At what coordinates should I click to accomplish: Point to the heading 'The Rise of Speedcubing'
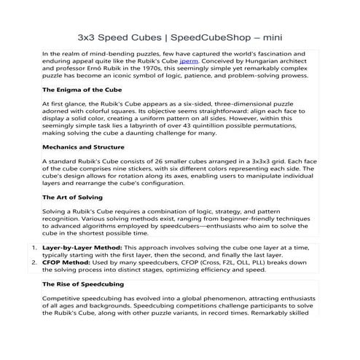tap(83, 283)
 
